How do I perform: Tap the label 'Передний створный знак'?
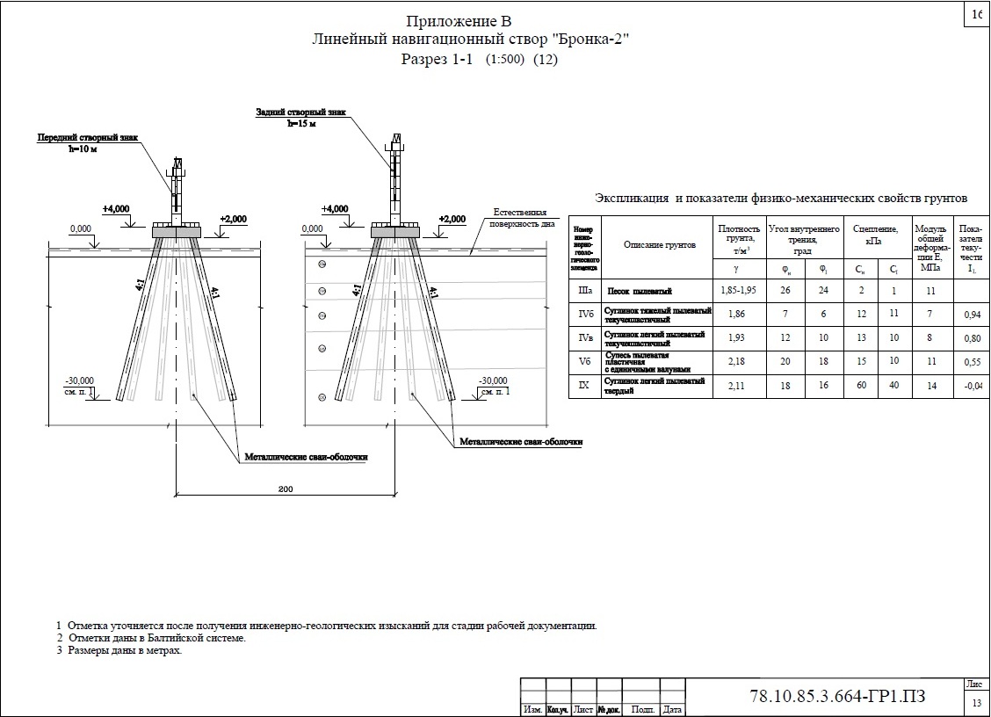click(x=87, y=138)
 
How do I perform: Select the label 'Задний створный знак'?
click(x=301, y=112)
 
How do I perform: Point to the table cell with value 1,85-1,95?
click(x=738, y=291)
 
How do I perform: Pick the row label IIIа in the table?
click(x=583, y=291)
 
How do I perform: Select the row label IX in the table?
click(x=583, y=386)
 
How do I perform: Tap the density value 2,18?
click(x=738, y=362)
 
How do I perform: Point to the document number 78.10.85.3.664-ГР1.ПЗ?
click(x=838, y=698)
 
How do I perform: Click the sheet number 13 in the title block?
click(x=975, y=703)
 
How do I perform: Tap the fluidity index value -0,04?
click(x=972, y=386)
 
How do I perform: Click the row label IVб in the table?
click(x=583, y=314)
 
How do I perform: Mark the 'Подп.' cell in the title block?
click(x=642, y=709)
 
